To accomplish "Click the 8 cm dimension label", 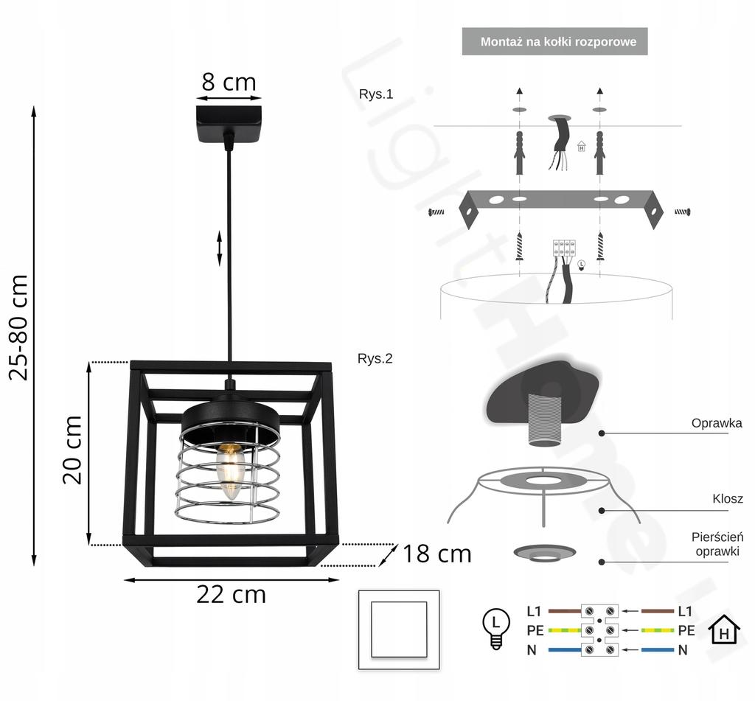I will [229, 82].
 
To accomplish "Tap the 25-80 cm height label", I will [18, 327].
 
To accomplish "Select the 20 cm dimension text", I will [72, 449].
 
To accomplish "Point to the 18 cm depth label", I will [436, 554].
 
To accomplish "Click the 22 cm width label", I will [231, 594].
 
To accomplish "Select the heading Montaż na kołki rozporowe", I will [558, 42].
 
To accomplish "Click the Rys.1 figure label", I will [376, 94].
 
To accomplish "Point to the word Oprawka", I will [716, 423].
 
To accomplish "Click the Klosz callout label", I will [727, 499].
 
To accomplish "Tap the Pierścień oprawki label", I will [717, 544].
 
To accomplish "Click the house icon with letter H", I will [724, 630].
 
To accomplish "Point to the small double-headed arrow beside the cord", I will [220, 248].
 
